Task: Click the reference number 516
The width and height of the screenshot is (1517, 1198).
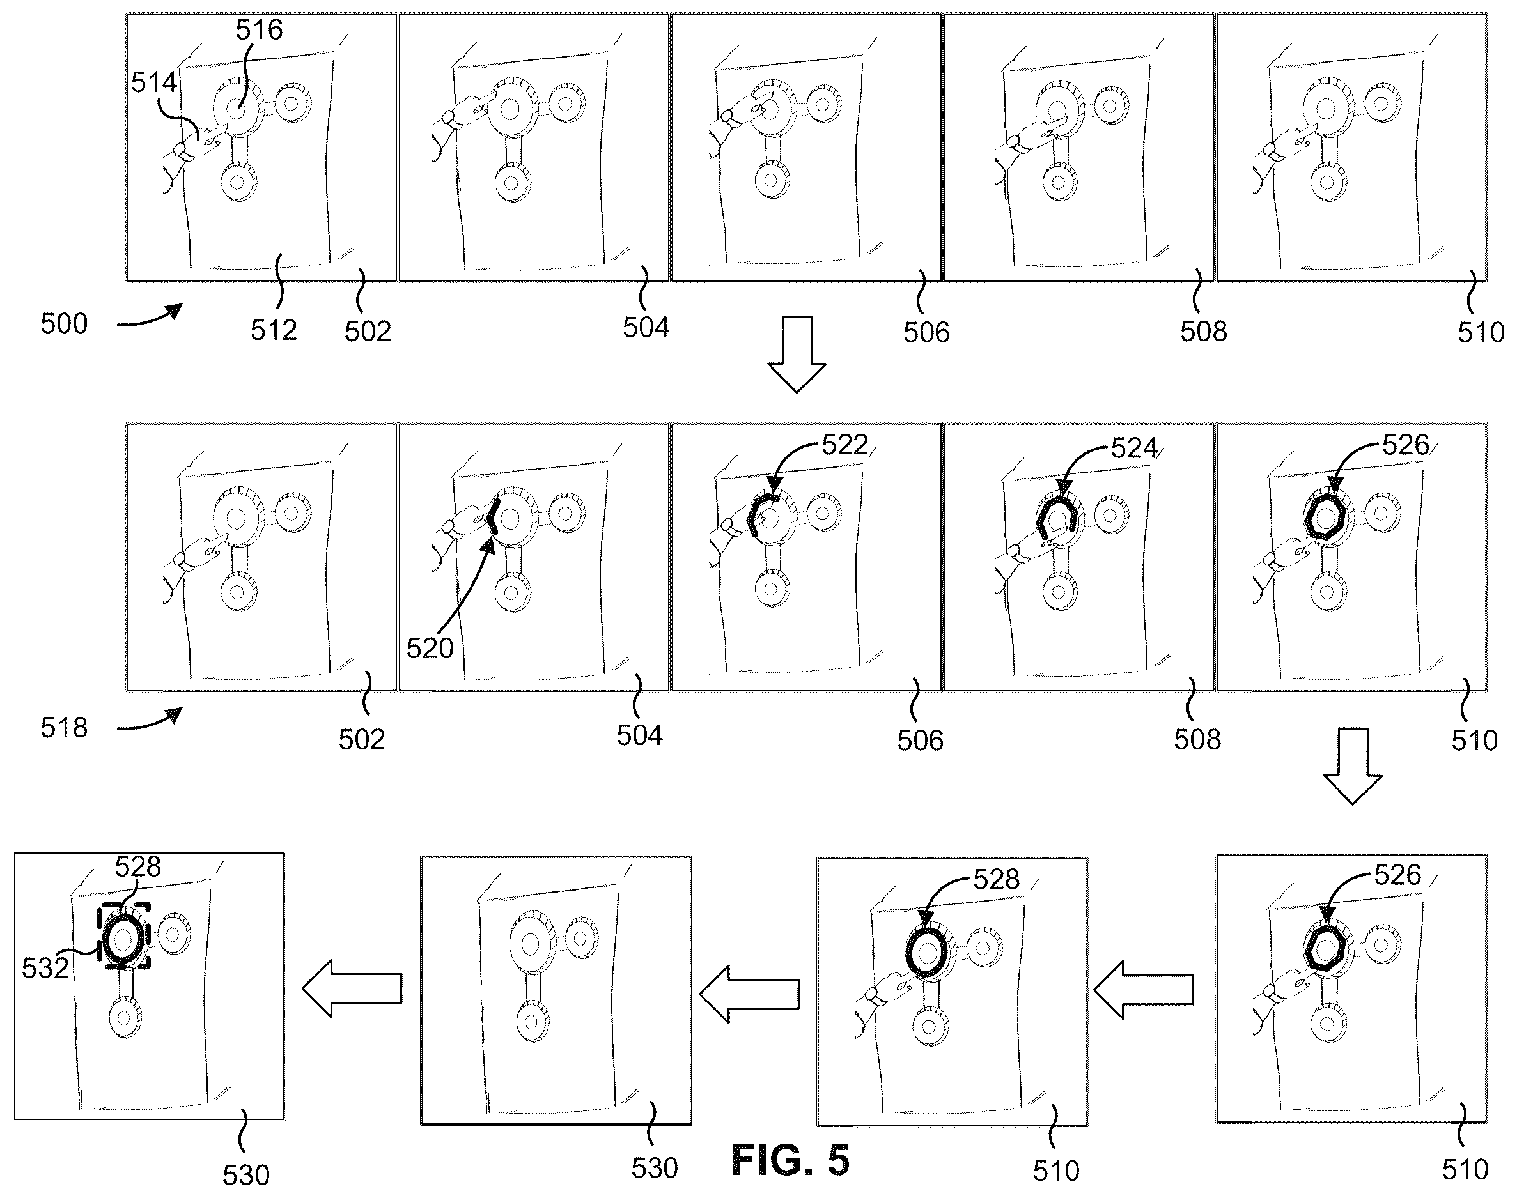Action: [259, 30]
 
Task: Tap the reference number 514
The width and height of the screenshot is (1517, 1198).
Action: [154, 83]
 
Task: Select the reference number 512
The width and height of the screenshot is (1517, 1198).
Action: [274, 330]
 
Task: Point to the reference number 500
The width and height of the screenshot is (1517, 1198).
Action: [64, 324]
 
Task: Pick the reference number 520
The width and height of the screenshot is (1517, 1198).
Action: [430, 648]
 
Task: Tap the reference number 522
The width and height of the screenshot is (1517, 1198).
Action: [845, 445]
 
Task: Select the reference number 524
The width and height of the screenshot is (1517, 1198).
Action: [1134, 447]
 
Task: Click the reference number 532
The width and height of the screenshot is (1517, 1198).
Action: [45, 968]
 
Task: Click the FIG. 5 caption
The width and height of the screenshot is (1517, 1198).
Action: [790, 1160]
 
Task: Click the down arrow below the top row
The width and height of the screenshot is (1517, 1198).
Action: [797, 354]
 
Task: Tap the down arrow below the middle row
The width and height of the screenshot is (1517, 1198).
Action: [1352, 766]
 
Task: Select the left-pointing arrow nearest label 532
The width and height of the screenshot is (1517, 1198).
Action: [352, 988]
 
